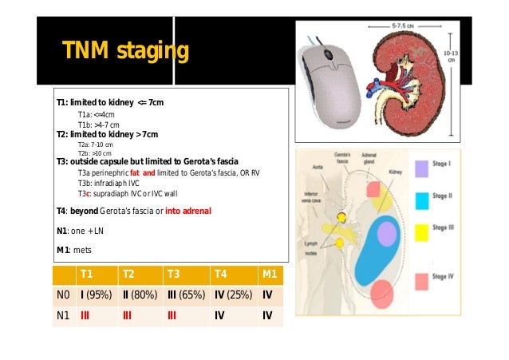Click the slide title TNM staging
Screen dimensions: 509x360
click(x=126, y=53)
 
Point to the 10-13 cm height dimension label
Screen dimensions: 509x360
click(x=452, y=55)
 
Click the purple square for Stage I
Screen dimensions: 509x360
click(x=421, y=168)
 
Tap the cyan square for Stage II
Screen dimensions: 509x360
click(x=421, y=197)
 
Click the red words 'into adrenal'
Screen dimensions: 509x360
click(x=188, y=211)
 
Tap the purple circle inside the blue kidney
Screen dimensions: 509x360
click(x=386, y=232)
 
